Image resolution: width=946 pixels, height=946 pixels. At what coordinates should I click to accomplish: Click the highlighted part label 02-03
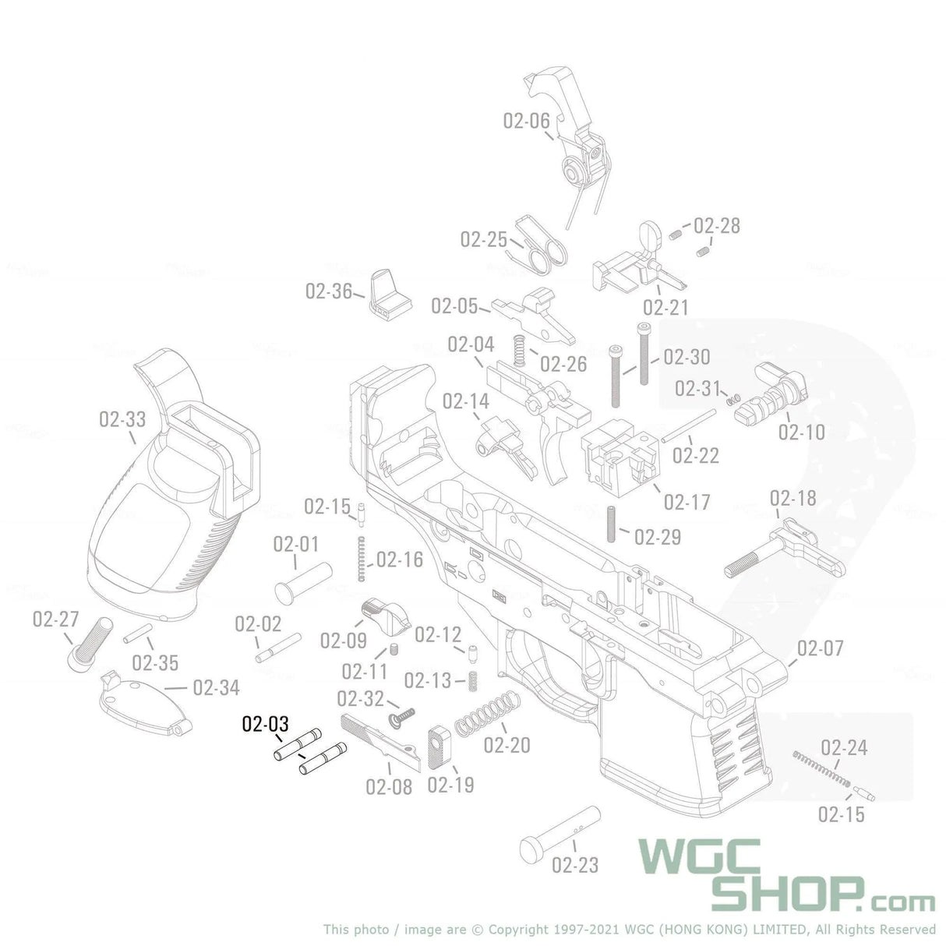(265, 724)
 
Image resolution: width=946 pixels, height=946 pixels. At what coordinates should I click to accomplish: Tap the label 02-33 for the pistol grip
(122, 420)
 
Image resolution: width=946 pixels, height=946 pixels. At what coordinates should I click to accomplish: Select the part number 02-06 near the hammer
(526, 121)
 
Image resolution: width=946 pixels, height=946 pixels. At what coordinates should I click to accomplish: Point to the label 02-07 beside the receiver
(820, 648)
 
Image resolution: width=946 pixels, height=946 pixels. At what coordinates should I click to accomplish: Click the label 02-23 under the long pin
(575, 865)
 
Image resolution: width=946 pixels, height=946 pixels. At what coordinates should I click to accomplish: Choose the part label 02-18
(792, 499)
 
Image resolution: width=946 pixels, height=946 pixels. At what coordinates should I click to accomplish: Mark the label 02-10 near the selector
(801, 432)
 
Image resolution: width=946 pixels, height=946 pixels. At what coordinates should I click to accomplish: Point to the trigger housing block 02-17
(619, 456)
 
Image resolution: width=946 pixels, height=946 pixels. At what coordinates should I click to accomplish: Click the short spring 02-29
(611, 524)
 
